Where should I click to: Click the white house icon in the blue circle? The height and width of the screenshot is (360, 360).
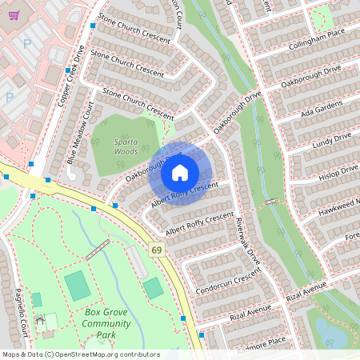[180, 173]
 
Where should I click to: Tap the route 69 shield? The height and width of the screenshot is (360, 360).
[155, 251]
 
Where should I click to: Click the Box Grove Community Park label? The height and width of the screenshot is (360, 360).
[106, 323]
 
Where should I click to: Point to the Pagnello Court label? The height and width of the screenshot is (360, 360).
[23, 312]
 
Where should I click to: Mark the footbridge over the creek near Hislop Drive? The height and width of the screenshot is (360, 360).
[273, 202]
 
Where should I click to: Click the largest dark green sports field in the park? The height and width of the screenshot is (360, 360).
[77, 286]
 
